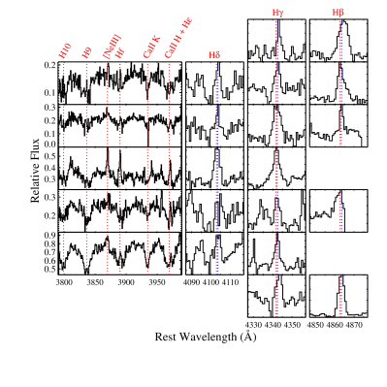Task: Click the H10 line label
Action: (x=65, y=50)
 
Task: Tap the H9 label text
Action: (x=87, y=51)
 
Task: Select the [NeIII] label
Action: (x=112, y=46)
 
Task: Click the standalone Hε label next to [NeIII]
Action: (x=120, y=52)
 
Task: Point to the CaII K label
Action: (x=151, y=47)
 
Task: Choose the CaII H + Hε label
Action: (x=178, y=38)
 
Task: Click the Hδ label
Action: (x=214, y=55)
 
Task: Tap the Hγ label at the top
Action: (x=277, y=14)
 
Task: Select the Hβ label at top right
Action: (x=338, y=13)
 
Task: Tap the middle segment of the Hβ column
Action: (x=339, y=211)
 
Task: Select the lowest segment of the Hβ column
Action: (x=339, y=296)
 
